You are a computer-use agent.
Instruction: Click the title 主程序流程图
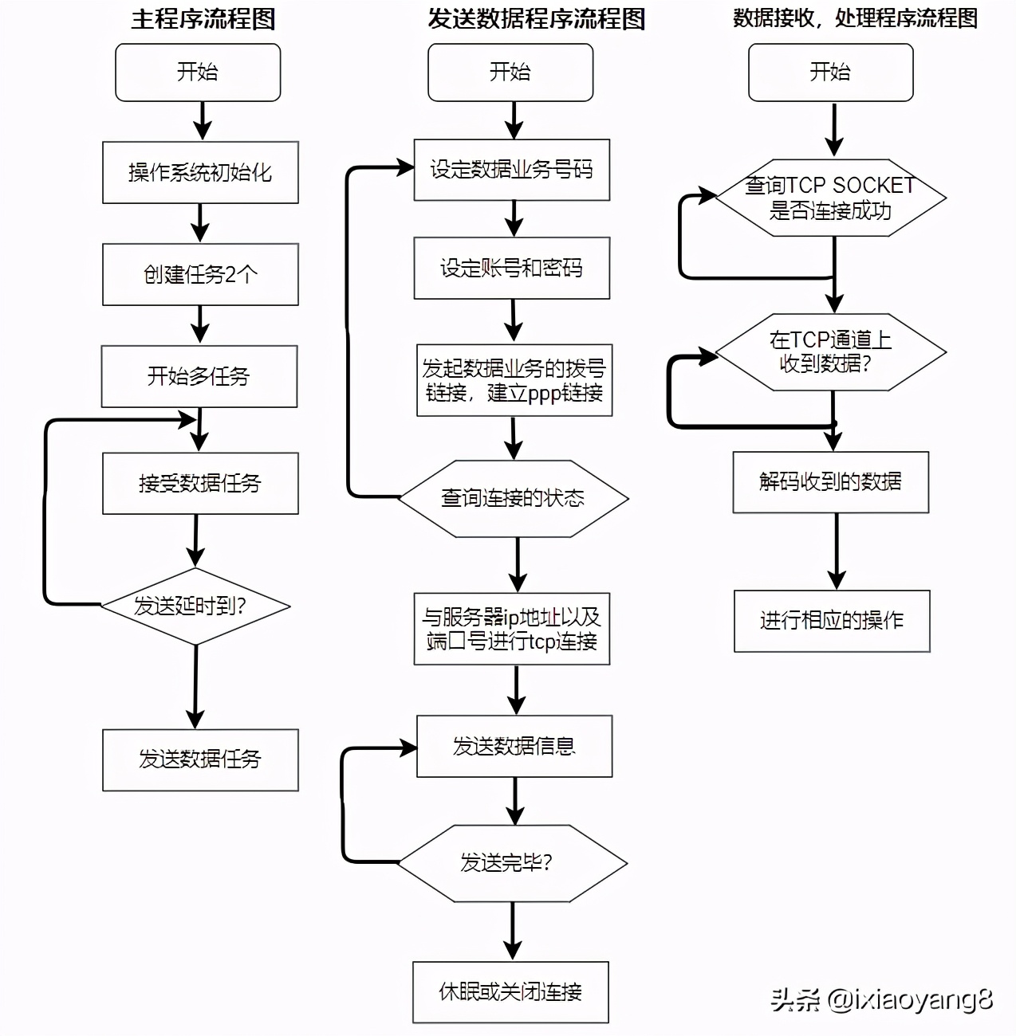click(203, 18)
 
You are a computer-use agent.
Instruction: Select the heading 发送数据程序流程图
click(535, 18)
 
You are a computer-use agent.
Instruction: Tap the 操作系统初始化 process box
click(200, 172)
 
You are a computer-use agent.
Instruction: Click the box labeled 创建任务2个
click(200, 274)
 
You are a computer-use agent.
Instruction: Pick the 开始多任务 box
click(199, 376)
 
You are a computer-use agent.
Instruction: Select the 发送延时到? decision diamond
click(195, 606)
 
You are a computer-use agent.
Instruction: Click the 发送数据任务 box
click(200, 759)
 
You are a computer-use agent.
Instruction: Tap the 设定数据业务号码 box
click(511, 170)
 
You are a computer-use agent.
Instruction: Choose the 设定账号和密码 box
click(511, 268)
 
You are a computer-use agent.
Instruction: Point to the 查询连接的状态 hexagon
click(513, 498)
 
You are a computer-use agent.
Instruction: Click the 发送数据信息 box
click(514, 746)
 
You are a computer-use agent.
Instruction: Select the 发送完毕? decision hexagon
click(512, 862)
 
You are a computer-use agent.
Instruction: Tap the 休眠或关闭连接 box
click(510, 992)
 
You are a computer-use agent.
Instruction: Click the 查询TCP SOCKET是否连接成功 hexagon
click(830, 198)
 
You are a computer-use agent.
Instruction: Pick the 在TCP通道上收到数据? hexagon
click(830, 351)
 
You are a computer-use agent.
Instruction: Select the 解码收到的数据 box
click(831, 481)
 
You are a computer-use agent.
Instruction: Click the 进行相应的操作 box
click(832, 621)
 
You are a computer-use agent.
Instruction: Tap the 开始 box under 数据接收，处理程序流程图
click(830, 73)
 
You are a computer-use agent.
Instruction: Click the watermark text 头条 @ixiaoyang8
click(881, 999)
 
